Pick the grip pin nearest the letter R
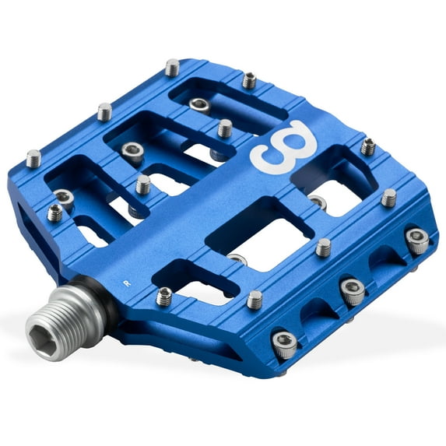click(165, 296)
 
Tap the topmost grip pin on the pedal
click(172, 67)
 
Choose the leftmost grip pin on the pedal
click(33, 158)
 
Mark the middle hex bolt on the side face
click(353, 292)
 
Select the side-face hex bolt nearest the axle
click(286, 343)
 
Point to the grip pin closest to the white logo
click(224, 128)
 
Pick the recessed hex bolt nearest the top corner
click(199, 104)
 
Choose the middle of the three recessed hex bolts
click(132, 151)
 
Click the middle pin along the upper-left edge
click(104, 111)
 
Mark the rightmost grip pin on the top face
click(388, 198)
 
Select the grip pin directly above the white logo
click(249, 79)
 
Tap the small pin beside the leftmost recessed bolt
click(55, 212)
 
